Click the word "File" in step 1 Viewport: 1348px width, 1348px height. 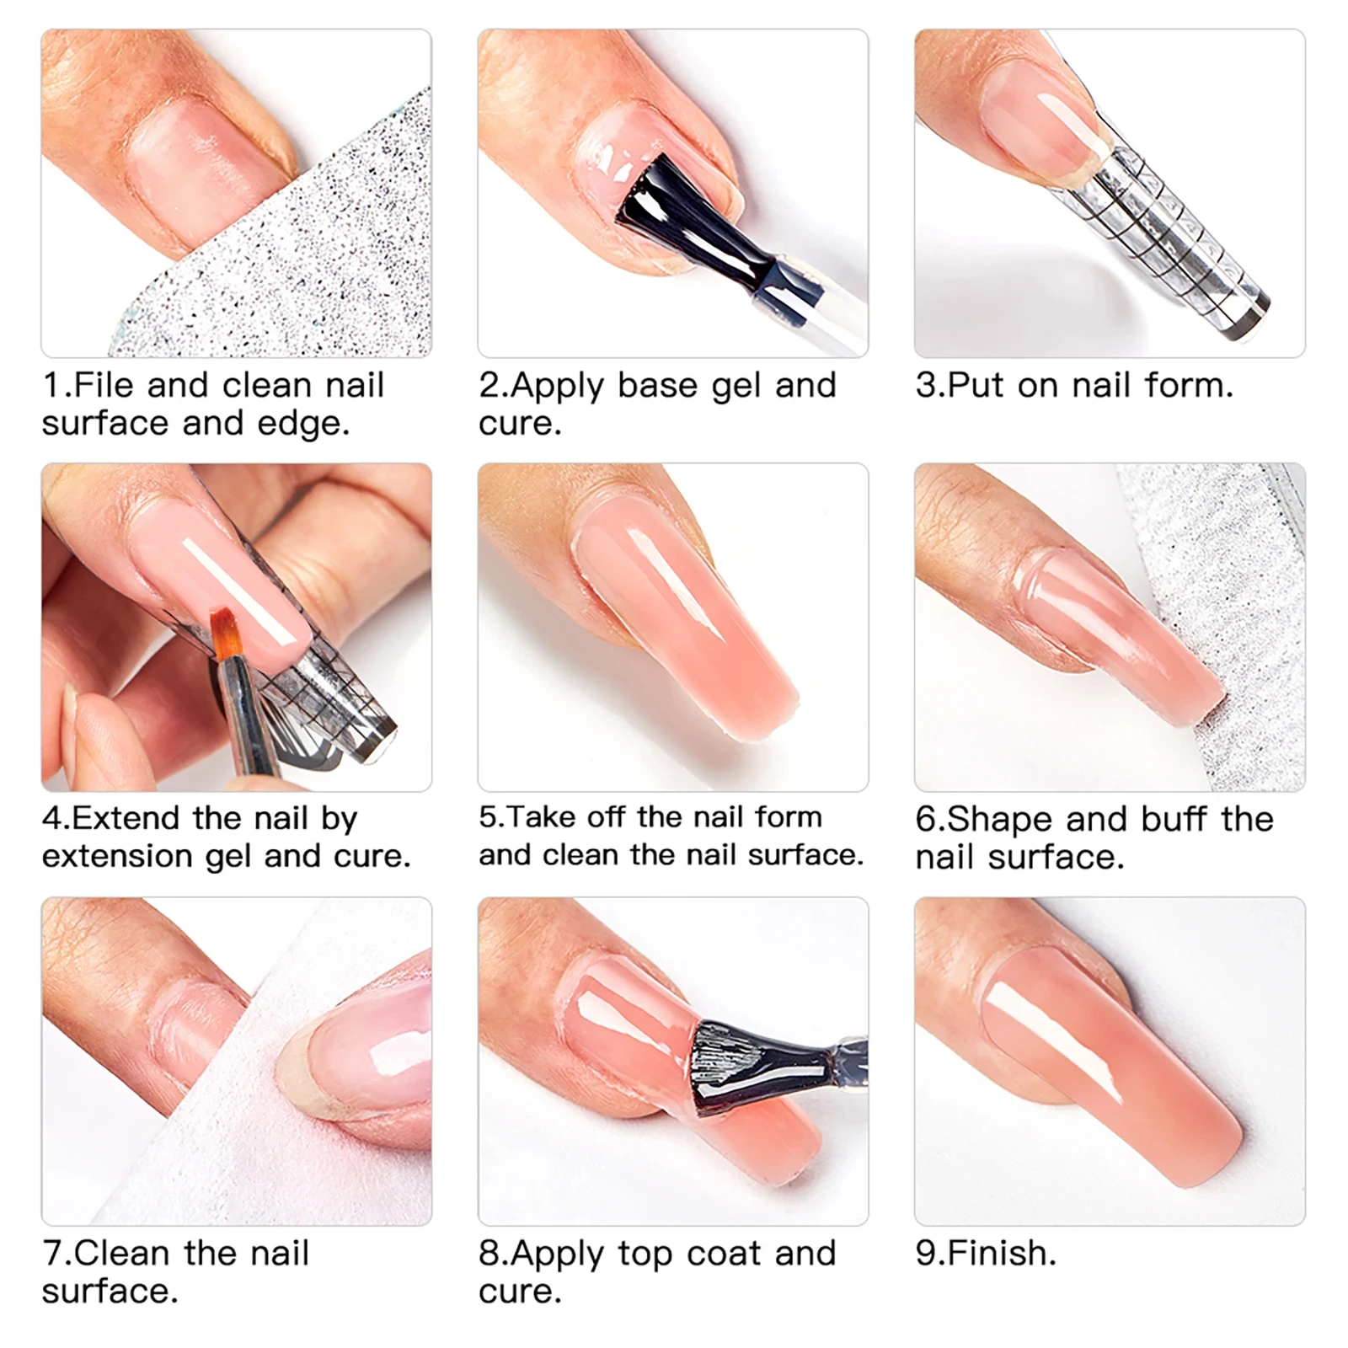pos(105,385)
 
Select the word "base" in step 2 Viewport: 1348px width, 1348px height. pos(657,385)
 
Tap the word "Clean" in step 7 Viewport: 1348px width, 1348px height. pos(122,1253)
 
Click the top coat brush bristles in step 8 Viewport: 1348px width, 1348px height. pos(741,1066)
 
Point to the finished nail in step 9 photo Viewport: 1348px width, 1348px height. pos(1112,1070)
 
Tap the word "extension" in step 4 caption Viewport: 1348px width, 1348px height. pos(118,856)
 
